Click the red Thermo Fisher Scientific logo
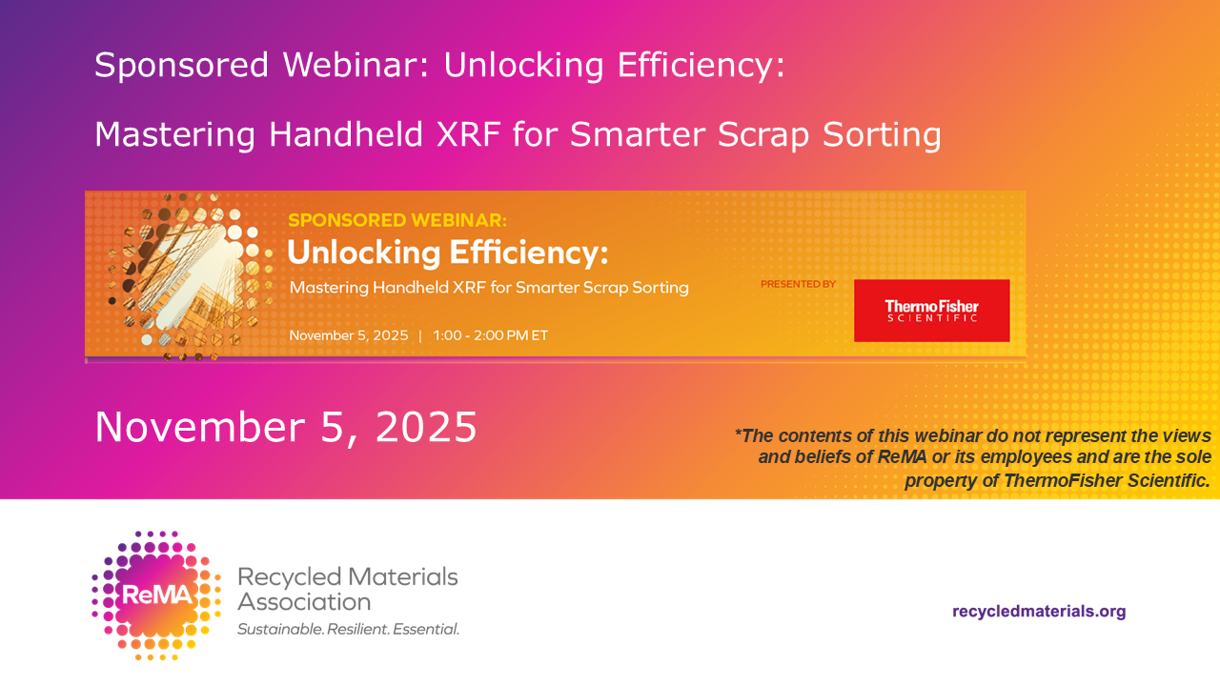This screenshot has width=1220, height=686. pos(931,311)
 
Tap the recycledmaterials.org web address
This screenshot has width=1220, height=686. pos(1039,612)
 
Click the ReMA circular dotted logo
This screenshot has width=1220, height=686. pos(156,595)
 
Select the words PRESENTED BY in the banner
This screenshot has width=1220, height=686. pos(798,284)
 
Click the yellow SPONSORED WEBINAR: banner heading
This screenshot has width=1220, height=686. pos(397,220)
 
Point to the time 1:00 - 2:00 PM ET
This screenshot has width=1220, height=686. pos(490,335)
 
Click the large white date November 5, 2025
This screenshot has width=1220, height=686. pos(286,427)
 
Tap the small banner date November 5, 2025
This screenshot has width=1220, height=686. pos(349,335)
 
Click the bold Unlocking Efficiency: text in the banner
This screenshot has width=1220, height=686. pos(447,252)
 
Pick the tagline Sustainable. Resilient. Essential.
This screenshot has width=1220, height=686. pos(349,630)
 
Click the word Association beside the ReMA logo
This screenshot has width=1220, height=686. pos(304,602)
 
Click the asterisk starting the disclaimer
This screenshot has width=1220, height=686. pos(738,433)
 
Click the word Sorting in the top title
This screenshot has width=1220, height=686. pos(882,135)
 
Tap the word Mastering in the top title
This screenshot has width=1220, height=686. pos(174,135)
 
